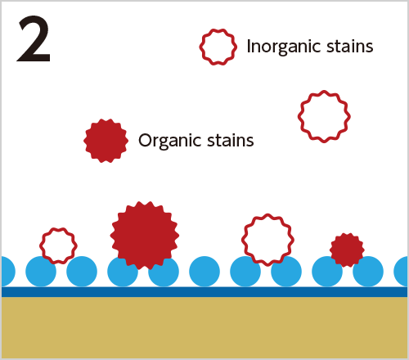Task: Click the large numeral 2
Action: tap(34, 38)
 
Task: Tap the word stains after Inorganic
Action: tap(350, 46)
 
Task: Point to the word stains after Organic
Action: tap(231, 140)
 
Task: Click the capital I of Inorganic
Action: tap(249, 46)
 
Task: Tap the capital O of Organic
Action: tap(145, 140)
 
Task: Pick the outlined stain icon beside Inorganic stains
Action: tap(218, 47)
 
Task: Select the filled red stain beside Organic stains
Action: tap(106, 141)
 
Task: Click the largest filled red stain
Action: tap(145, 235)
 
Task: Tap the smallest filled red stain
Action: tap(347, 250)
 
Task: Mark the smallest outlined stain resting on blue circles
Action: tap(58, 246)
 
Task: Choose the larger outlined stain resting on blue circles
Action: tap(267, 240)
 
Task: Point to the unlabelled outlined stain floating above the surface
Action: tap(324, 116)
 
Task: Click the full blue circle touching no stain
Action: tap(204, 272)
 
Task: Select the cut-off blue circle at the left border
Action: tap(8, 272)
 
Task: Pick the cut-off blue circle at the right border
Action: tap(401, 272)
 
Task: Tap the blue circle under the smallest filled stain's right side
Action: tap(368, 272)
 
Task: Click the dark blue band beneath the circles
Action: tap(204, 292)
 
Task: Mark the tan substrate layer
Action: tap(204, 327)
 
